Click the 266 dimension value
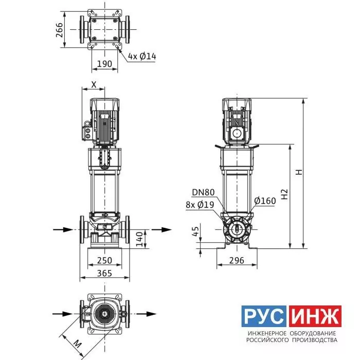[59, 30]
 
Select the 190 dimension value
[105, 64]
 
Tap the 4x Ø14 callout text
[142, 56]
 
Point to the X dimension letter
[94, 85]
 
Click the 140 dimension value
[139, 239]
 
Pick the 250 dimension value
[105, 260]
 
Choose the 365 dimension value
[105, 273]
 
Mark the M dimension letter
[78, 344]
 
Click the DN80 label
[203, 192]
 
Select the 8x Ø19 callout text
[200, 205]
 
